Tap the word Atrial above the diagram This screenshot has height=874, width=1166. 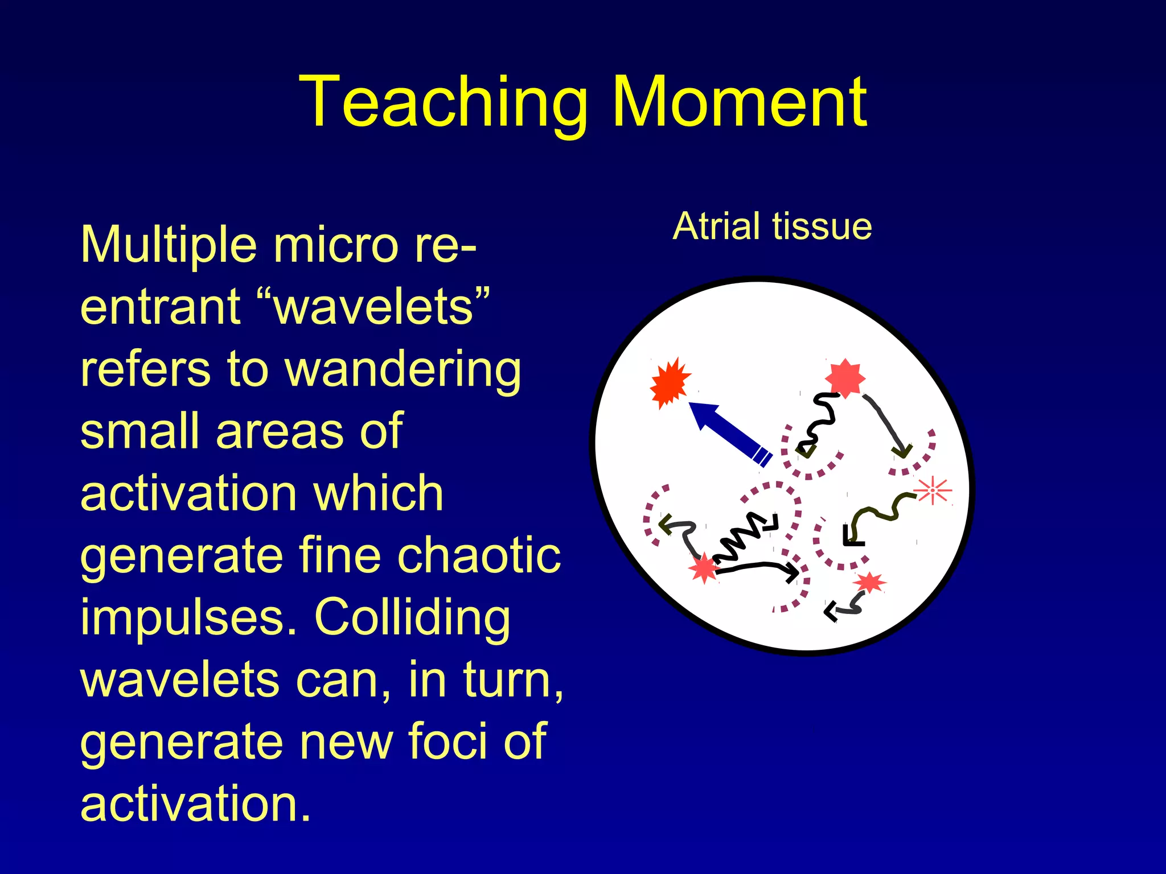click(x=718, y=226)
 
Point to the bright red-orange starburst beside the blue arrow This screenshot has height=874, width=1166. click(x=670, y=383)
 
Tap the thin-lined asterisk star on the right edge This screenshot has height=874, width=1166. click(x=932, y=490)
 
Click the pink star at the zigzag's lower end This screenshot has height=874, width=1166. click(x=704, y=568)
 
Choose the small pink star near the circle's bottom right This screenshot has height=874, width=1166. click(x=869, y=583)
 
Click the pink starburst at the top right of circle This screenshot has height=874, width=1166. click(x=845, y=378)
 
